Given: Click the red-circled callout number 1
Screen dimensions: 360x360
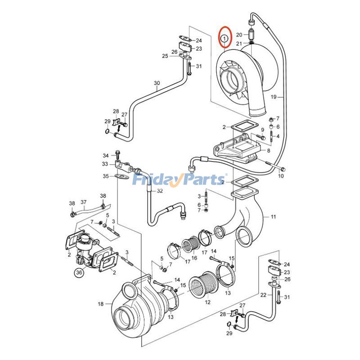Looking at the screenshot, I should click(x=225, y=39).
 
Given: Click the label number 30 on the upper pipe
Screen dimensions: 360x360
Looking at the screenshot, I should click(x=157, y=83).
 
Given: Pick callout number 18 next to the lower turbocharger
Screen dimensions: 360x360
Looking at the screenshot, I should click(x=101, y=304).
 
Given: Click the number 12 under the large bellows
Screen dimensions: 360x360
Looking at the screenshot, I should click(x=207, y=302).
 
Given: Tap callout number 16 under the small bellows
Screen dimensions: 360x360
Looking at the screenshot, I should click(x=194, y=258).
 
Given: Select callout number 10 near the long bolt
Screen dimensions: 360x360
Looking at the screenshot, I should click(x=280, y=176).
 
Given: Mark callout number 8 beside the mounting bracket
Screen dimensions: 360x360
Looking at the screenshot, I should click(x=269, y=151).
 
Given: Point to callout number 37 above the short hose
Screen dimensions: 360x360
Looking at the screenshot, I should click(x=83, y=202).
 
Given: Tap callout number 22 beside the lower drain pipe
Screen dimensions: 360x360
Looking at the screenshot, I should click(x=263, y=295).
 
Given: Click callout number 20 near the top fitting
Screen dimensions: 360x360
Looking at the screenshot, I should click(x=239, y=35).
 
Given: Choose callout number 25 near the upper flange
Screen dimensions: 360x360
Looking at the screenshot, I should click(x=165, y=56).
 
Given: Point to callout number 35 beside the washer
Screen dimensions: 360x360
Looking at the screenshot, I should click(x=105, y=176).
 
